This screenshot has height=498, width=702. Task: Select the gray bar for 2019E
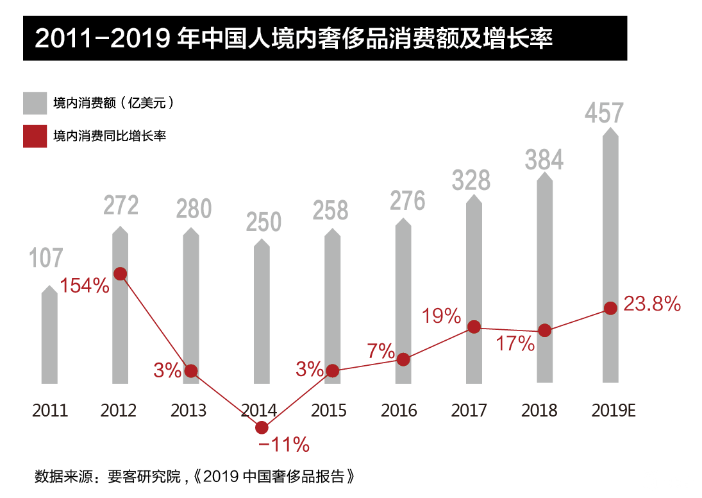[x=611, y=257]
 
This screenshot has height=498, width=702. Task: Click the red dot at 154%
[x=120, y=274]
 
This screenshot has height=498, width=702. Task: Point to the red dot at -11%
[x=262, y=427]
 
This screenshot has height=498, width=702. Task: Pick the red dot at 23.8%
[x=611, y=309]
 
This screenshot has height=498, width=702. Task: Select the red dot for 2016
[x=403, y=359]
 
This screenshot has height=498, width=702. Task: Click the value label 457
[x=604, y=113]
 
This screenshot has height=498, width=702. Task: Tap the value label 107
[x=46, y=258]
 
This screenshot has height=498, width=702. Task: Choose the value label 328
[x=471, y=180]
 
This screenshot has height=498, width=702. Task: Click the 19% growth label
[x=441, y=316]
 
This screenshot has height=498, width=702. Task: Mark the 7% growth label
[x=381, y=350]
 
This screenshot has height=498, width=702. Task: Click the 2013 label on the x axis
[x=188, y=411]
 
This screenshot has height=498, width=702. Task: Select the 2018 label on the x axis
[x=539, y=411]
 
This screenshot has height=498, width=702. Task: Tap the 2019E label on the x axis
[x=612, y=411]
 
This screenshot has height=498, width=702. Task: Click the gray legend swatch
[x=35, y=103]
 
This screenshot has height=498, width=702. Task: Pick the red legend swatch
[x=35, y=136]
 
